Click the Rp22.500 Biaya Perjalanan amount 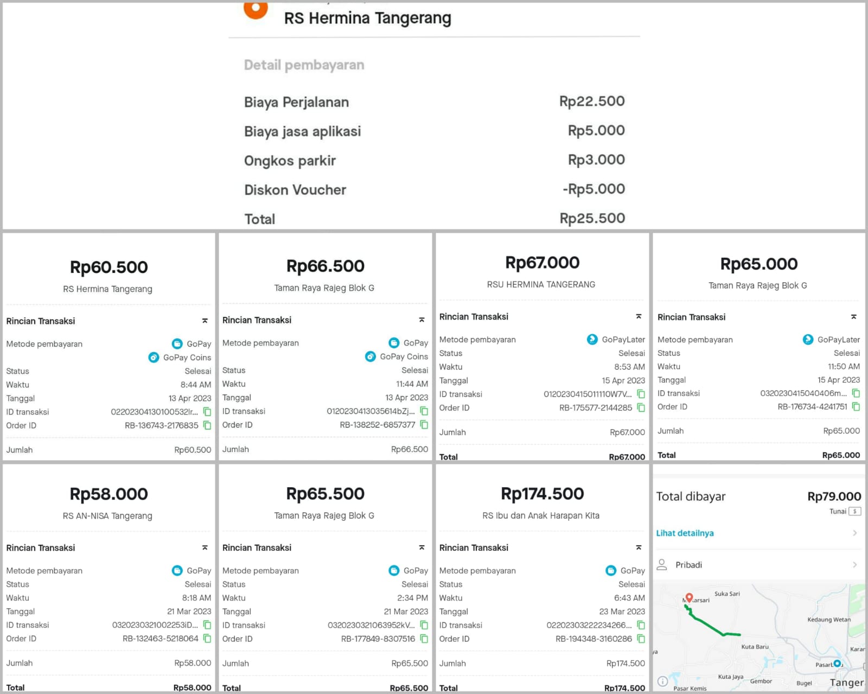[592, 101]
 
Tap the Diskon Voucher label [295, 190]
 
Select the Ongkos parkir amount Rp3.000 [596, 160]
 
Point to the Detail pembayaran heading [304, 65]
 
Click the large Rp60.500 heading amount [108, 267]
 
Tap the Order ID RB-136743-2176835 [162, 425]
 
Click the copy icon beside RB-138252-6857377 [424, 425]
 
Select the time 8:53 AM [629, 367]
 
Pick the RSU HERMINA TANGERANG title [541, 284]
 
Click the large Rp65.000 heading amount [758, 264]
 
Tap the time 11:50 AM [844, 366]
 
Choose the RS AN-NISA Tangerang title [107, 515]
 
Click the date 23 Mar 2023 [622, 612]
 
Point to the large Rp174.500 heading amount [542, 494]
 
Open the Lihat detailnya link [685, 533]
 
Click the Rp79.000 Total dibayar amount [834, 496]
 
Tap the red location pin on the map [689, 597]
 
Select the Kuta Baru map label [755, 647]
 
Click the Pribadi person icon [662, 564]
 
